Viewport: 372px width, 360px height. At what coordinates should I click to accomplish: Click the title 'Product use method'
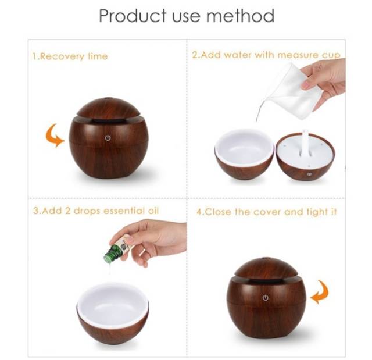tap(186, 16)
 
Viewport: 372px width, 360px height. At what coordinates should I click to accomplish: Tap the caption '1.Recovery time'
tap(70, 56)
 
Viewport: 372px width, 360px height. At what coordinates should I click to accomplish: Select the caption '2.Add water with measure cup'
tap(266, 56)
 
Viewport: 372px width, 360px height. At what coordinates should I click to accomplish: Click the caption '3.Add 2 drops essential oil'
tap(95, 211)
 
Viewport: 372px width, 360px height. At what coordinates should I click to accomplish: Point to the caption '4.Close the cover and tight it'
tap(266, 212)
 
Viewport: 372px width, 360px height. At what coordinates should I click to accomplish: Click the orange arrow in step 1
tap(55, 136)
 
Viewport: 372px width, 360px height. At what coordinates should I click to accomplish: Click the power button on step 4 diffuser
tap(266, 297)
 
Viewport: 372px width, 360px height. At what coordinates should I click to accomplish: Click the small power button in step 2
tap(309, 173)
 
